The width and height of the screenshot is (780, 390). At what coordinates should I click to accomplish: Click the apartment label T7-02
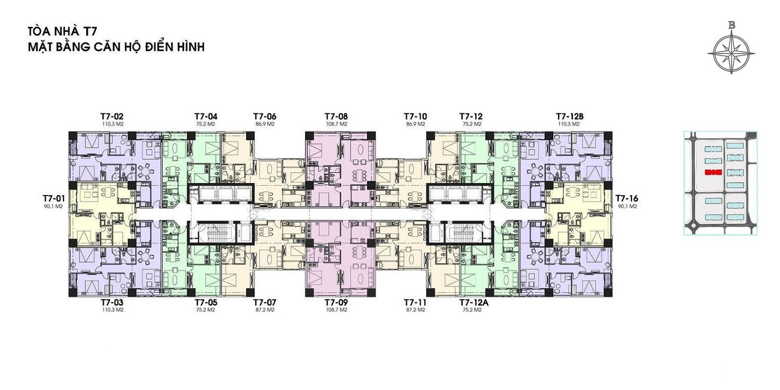[112, 116]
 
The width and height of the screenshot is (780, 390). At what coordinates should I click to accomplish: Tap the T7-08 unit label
[336, 116]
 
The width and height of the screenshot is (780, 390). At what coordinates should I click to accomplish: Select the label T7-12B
[569, 116]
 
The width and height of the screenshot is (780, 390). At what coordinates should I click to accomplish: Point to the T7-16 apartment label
[627, 199]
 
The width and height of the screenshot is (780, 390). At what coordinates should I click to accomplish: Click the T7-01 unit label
[54, 199]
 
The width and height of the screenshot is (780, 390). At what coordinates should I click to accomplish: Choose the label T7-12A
[474, 303]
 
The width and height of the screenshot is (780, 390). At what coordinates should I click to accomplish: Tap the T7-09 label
[336, 303]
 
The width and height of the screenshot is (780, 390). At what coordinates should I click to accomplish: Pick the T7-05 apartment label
[206, 303]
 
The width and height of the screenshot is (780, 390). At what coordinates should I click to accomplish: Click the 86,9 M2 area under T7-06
[265, 124]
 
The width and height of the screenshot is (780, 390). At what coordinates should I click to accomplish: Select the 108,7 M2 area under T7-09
[336, 310]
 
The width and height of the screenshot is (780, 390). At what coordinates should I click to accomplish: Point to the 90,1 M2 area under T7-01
[54, 206]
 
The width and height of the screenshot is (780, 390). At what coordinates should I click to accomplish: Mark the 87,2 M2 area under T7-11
[415, 310]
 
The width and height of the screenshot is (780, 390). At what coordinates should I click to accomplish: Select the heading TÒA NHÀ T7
[63, 32]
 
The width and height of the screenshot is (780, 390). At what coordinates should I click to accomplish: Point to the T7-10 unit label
[415, 116]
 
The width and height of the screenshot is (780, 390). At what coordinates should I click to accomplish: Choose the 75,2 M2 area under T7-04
[206, 124]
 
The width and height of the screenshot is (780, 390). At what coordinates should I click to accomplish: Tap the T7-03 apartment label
[112, 303]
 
